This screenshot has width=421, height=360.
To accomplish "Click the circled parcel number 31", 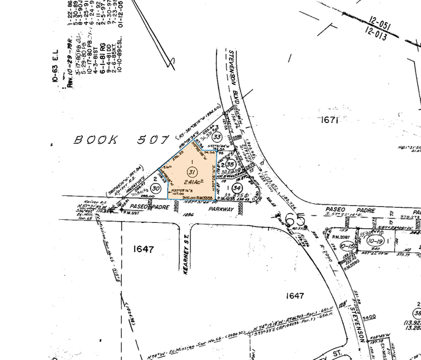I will (192, 171).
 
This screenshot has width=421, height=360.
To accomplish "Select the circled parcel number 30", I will (156, 189).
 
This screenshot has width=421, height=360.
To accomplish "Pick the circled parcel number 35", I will (230, 164).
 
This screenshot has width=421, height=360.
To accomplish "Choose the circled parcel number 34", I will (237, 188).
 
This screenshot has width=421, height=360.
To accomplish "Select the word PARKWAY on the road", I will (220, 209).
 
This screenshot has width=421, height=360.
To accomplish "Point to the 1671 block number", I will (329, 120).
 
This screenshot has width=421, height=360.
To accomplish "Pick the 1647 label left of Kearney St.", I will (143, 249).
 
